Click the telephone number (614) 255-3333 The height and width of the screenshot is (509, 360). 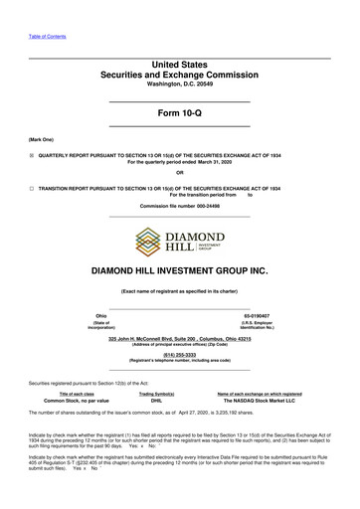click(x=179, y=353)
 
